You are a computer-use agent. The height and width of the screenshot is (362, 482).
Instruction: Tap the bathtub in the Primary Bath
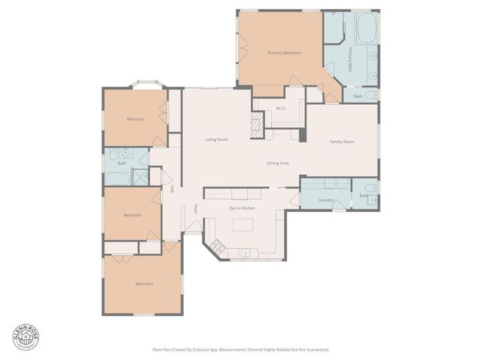367,29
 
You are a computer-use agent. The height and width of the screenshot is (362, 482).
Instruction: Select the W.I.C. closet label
281,109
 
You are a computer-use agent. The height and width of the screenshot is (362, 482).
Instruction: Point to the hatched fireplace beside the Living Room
258,123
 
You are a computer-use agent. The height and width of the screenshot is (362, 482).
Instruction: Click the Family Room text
342,141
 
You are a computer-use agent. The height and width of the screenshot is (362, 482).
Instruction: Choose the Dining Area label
277,163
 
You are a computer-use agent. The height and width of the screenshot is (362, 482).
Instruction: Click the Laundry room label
326,200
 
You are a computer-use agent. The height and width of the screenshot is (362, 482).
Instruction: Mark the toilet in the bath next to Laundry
369,190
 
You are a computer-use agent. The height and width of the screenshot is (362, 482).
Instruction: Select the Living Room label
217,140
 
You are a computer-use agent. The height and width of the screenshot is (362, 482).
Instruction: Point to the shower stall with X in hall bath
139,177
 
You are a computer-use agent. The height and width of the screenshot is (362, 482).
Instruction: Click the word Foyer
196,209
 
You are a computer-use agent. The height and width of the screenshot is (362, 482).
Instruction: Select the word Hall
172,189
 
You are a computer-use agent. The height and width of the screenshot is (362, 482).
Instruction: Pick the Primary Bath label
350,60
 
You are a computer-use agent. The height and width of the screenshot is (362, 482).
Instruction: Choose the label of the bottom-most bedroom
143,284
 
